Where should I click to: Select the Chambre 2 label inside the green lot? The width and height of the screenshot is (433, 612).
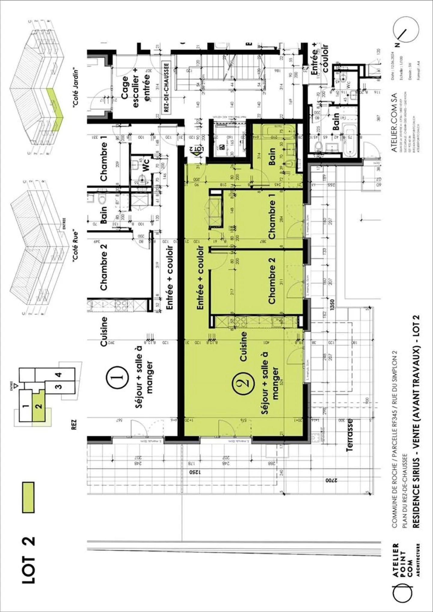pyautogui.click(x=272, y=280)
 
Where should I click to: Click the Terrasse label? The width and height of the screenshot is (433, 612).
pyautogui.click(x=349, y=435)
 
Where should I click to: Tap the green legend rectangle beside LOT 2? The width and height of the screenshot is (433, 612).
pyautogui.click(x=28, y=497)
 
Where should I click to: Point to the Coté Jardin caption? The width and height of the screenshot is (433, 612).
pyautogui.click(x=76, y=87)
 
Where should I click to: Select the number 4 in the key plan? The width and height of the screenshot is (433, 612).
pyautogui.click(x=59, y=375)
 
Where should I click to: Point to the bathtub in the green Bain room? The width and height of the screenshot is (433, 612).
pyautogui.click(x=278, y=131)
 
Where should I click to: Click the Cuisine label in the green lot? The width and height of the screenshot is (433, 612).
pyautogui.click(x=243, y=346)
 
